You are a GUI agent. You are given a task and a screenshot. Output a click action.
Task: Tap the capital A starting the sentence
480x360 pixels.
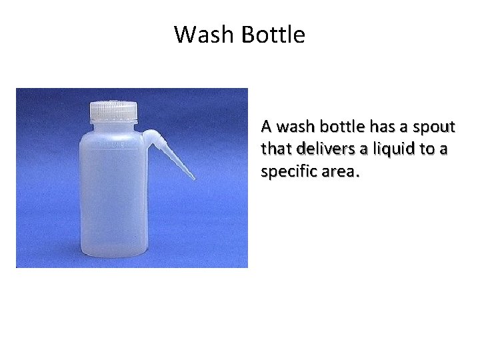(x=266, y=127)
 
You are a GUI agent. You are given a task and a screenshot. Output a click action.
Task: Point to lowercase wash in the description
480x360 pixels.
(x=294, y=127)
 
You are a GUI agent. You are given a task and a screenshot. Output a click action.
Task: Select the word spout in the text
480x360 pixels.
(x=434, y=127)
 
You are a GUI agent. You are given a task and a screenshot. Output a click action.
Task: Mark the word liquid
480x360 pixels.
(x=388, y=149)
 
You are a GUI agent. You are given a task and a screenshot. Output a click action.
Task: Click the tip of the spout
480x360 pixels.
(x=193, y=178)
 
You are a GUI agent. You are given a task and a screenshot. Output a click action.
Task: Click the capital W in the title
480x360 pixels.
(x=183, y=35)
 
